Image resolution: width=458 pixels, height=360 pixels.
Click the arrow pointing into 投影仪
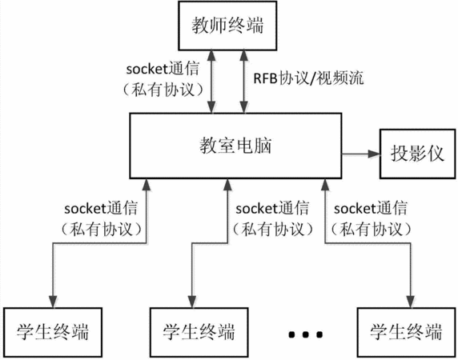pos(361,154)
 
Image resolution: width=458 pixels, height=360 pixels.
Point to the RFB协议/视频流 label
pos(308,78)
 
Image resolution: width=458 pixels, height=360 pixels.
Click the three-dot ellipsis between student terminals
pos(305,334)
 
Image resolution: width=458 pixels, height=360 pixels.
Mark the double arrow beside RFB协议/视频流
pos(243,82)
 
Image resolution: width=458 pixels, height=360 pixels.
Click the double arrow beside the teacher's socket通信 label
pos(211,82)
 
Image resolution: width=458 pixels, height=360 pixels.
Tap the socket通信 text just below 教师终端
pos(163,69)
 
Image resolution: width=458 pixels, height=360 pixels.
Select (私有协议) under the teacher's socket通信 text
pos(163,90)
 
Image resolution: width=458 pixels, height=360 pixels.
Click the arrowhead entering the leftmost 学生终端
pos(53,302)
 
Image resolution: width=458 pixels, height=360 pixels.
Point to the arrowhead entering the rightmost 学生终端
pos(411,302)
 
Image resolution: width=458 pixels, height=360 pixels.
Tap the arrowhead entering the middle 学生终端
pos(192,302)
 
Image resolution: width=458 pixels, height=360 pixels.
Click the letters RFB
pos(265,78)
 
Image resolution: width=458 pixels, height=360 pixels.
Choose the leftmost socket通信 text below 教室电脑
pos(101,208)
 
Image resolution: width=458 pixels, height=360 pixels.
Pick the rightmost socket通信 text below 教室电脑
pos(371,208)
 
